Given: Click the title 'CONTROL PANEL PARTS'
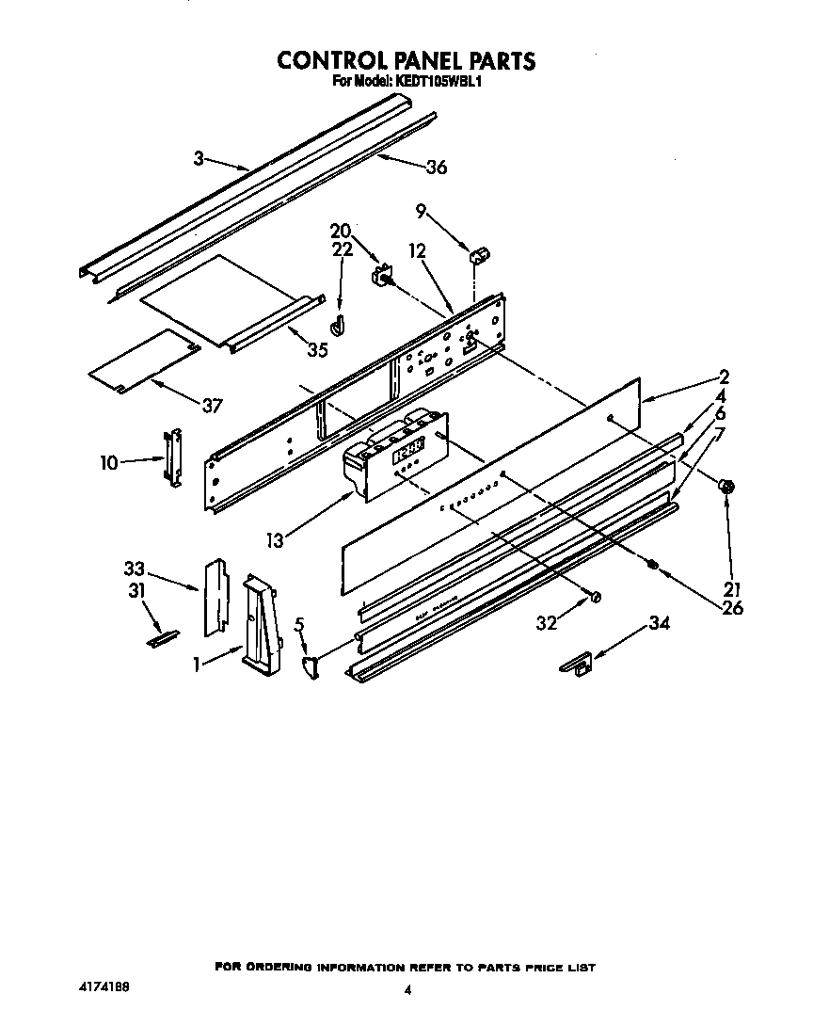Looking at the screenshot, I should pos(406,60).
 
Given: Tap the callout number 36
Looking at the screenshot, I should pos(436,168).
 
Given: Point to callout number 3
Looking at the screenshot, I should pos(199,159).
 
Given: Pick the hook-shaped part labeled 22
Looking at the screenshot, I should pos(339,324).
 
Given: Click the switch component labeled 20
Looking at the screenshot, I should pos(382,277).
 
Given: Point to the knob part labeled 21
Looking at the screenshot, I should pos(727,487).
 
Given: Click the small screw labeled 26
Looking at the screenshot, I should pos(651,564).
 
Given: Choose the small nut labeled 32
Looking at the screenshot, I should pos(595,597).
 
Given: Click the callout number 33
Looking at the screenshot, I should pos(135,569).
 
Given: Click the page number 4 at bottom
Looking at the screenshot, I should pos(406,989).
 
